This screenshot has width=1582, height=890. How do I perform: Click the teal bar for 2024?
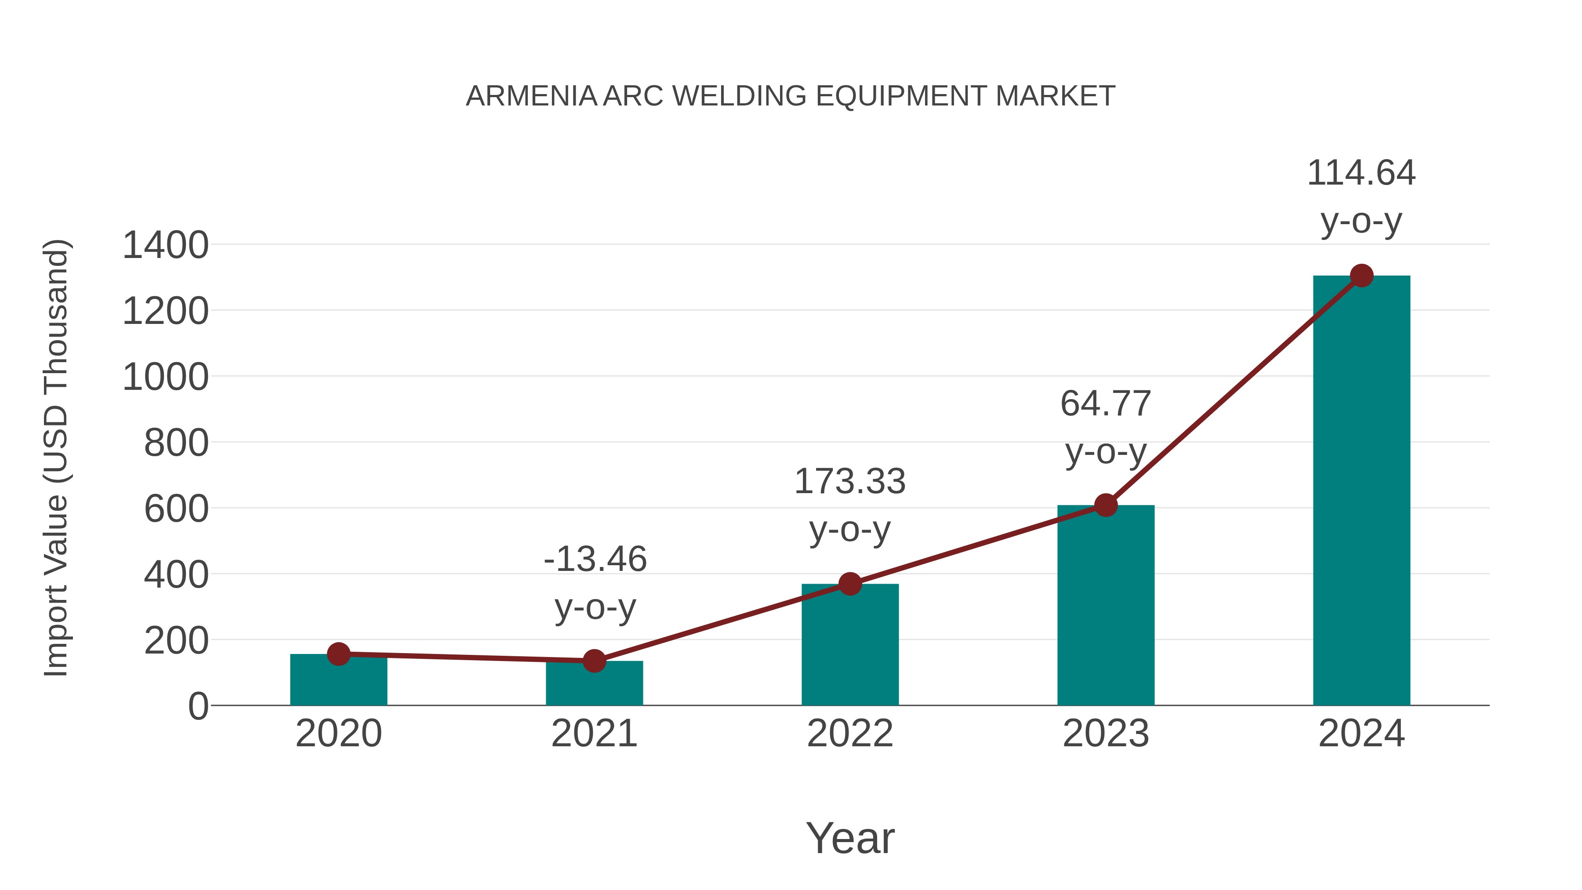[x=1361, y=491]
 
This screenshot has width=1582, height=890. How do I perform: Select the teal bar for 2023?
[x=1106, y=605]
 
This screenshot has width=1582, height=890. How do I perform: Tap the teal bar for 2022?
[x=850, y=645]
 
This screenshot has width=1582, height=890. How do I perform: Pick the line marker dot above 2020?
[x=338, y=654]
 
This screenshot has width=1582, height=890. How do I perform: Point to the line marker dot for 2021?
[x=594, y=661]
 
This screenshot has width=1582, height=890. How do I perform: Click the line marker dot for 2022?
[x=850, y=584]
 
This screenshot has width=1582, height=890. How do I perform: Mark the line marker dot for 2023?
[x=1106, y=505]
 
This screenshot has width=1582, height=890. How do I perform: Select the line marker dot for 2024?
[x=1361, y=276]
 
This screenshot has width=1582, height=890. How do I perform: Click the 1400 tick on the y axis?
[x=165, y=245]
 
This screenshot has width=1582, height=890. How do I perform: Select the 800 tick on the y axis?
[x=176, y=443]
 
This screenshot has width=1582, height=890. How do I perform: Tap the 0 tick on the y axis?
[x=198, y=706]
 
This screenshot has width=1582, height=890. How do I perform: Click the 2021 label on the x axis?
[x=594, y=734]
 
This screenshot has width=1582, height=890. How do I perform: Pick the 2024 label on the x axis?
[x=1361, y=734]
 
